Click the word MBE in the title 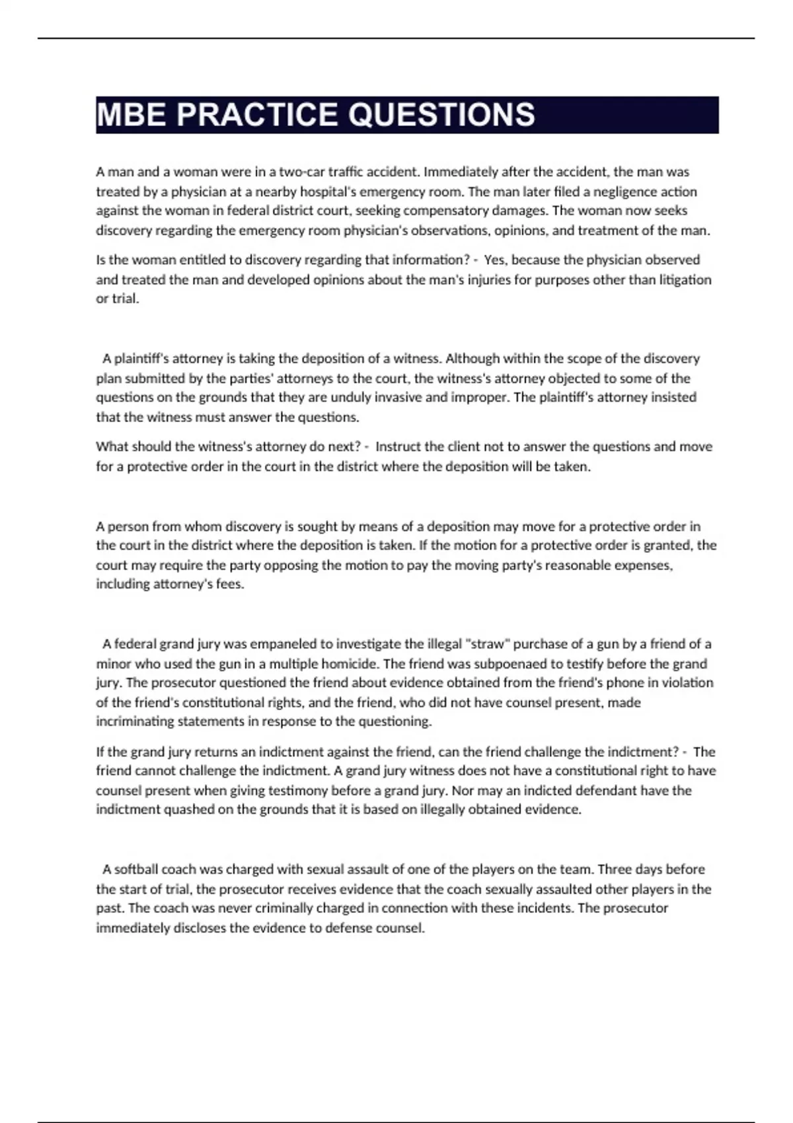coord(131,115)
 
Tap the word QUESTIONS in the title coord(441,115)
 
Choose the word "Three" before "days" coord(615,869)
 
